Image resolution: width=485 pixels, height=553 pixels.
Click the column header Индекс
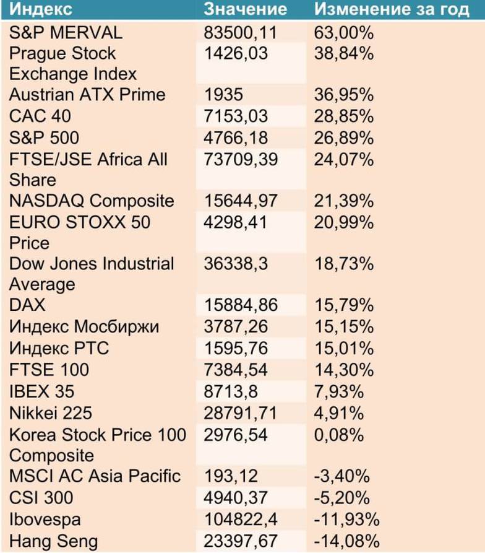[41, 10]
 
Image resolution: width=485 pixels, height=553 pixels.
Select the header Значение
[246, 10]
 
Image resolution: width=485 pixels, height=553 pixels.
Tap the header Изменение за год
[392, 10]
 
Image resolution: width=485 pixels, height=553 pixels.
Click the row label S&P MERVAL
[66, 32]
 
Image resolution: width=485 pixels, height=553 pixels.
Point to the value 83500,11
[241, 32]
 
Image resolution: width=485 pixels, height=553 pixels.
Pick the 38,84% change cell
[344, 53]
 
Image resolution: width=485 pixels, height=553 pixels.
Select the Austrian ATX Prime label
[87, 95]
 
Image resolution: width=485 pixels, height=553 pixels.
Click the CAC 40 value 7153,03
[236, 116]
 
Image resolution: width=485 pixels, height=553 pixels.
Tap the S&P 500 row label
[44, 137]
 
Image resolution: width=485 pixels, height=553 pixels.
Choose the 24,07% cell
[344, 159]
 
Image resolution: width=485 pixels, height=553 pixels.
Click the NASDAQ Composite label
[92, 201]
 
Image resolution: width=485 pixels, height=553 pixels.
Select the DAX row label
[27, 305]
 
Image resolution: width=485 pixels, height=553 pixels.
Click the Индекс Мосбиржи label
[84, 326]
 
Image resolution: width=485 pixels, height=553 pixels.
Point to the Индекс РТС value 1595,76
[236, 347]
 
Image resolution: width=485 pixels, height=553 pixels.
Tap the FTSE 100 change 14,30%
[344, 370]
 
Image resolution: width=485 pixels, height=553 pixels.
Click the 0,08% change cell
[339, 435]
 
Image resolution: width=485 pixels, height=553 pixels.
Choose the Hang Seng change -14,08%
[347, 541]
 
